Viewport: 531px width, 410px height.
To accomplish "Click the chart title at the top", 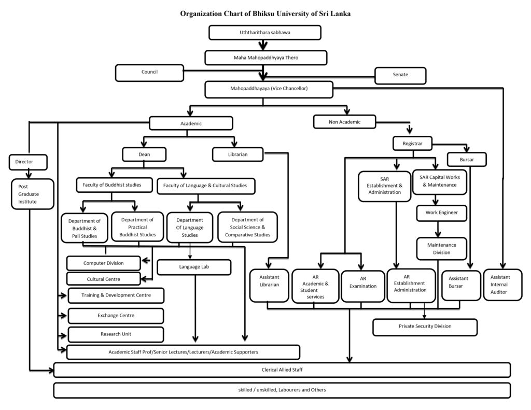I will [x=265, y=13].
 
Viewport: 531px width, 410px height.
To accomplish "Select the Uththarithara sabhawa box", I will [x=265, y=33].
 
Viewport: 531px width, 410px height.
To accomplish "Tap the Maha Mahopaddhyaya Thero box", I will [x=265, y=57].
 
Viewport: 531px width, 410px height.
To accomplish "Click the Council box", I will [x=149, y=73].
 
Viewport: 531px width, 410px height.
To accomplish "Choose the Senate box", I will [x=400, y=75].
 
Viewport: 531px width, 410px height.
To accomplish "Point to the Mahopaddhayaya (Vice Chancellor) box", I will [x=269, y=89].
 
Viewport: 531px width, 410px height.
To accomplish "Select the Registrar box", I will [x=412, y=143].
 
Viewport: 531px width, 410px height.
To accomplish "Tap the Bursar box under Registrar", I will [x=466, y=160].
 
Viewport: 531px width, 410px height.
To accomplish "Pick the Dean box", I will [x=144, y=154].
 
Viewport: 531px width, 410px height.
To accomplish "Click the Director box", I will [x=28, y=162].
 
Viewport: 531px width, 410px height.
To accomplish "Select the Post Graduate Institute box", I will [x=32, y=194].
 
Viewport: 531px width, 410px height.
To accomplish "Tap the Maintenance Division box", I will [x=441, y=248].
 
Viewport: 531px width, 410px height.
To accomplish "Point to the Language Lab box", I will [x=194, y=267].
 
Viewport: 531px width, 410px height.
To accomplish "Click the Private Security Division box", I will [x=425, y=327].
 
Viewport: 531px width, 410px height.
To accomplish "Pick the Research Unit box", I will [x=116, y=334].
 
